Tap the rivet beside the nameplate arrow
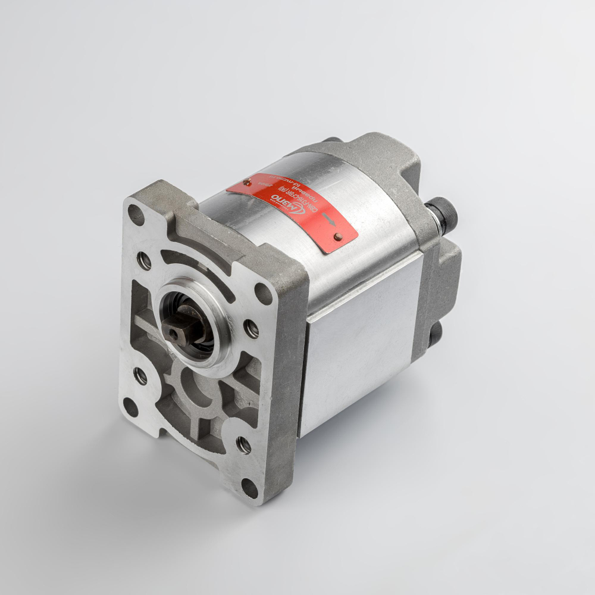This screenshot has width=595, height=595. [338, 237]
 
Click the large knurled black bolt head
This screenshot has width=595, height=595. [443, 211]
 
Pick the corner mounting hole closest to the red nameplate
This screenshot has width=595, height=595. [262, 293]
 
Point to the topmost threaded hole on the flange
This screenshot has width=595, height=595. [144, 260]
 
